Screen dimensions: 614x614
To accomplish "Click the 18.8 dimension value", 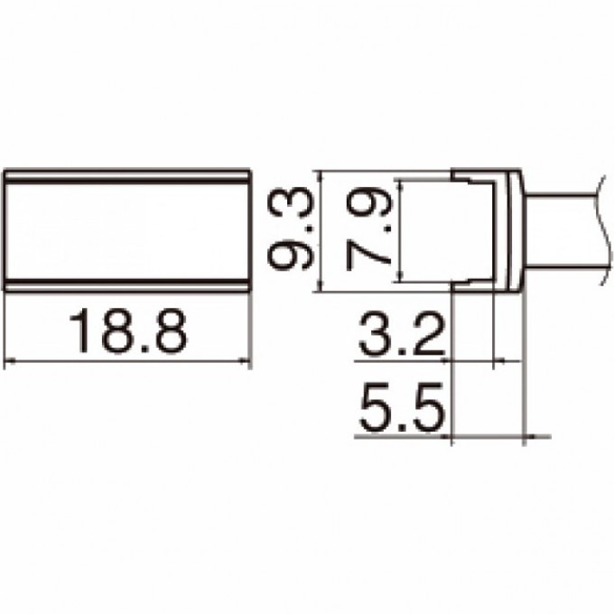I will [127, 332].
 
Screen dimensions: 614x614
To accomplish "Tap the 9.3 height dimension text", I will [293, 229].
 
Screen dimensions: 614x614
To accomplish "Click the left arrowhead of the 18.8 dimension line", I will [9, 363].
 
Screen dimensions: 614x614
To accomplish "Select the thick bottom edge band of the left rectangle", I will [126, 284].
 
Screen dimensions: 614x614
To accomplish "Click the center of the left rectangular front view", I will [126, 229].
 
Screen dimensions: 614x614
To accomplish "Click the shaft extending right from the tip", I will [560, 229].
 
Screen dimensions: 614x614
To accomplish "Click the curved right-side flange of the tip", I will [516, 229].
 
